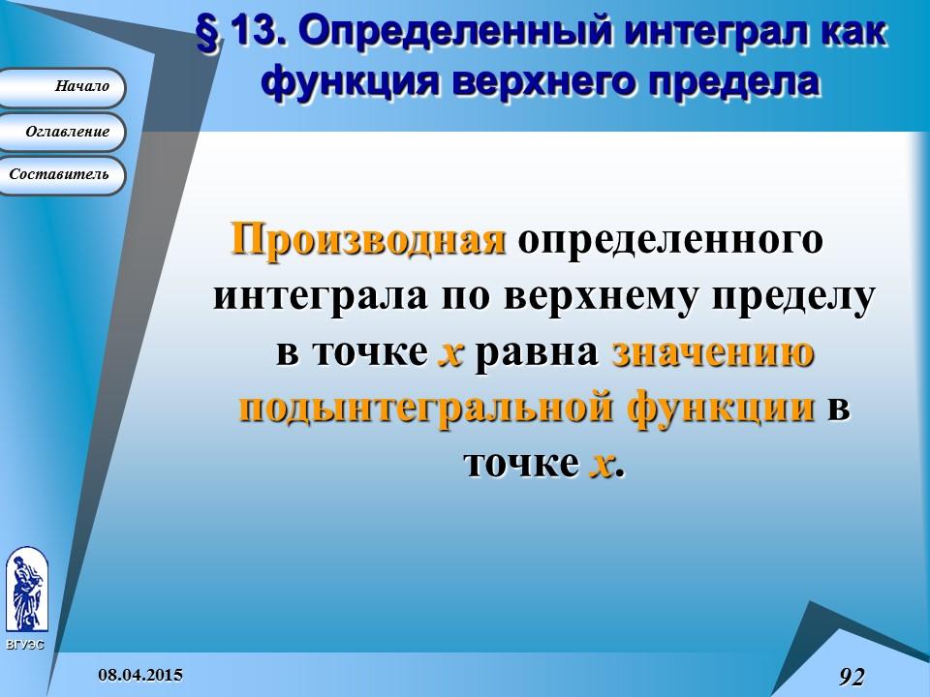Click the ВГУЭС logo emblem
pyautogui.click(x=25, y=591)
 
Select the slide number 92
pyautogui.click(x=852, y=676)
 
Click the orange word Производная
pyautogui.click(x=368, y=238)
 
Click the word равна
pyautogui.click(x=539, y=352)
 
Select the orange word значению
pyautogui.click(x=712, y=352)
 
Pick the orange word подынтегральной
pyautogui.click(x=426, y=409)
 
